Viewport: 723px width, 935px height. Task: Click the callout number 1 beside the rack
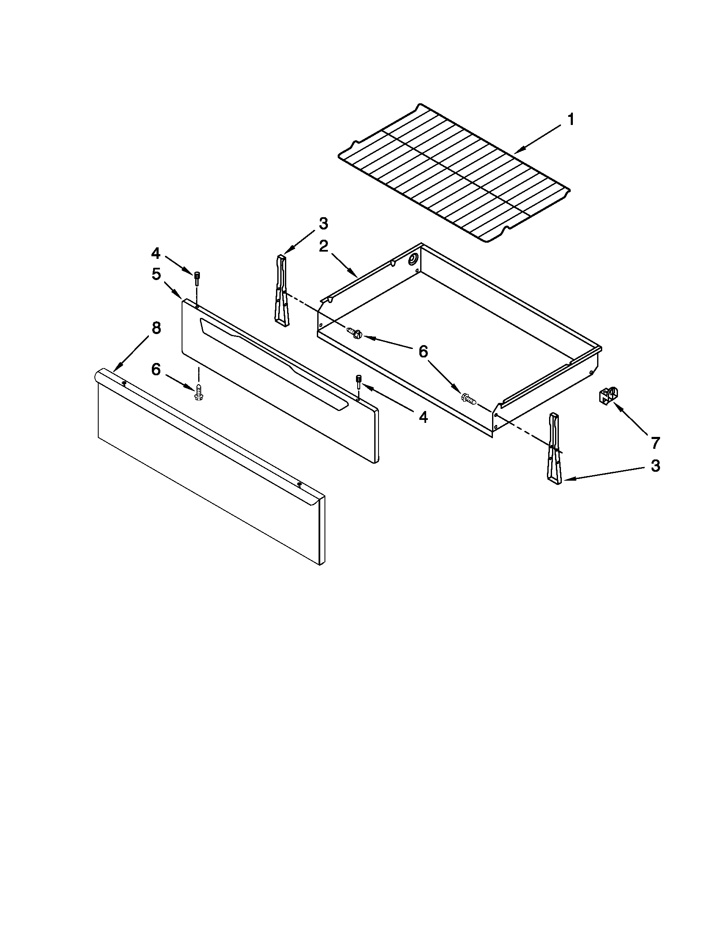571,119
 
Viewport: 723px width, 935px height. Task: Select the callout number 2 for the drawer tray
323,246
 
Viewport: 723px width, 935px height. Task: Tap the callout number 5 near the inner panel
156,274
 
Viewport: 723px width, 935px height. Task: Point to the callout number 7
656,443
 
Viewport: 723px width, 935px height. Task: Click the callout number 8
157,329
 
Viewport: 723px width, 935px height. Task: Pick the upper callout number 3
323,223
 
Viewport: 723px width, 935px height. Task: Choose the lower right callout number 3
655,466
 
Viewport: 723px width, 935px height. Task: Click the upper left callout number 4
156,253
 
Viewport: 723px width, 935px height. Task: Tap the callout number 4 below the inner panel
423,416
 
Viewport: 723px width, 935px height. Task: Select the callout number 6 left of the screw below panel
156,369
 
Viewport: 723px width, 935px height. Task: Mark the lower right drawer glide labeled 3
554,449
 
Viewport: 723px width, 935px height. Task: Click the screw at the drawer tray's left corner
356,332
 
